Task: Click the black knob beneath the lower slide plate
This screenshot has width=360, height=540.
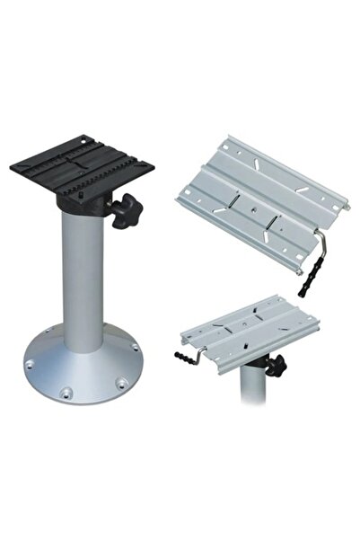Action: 274,365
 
